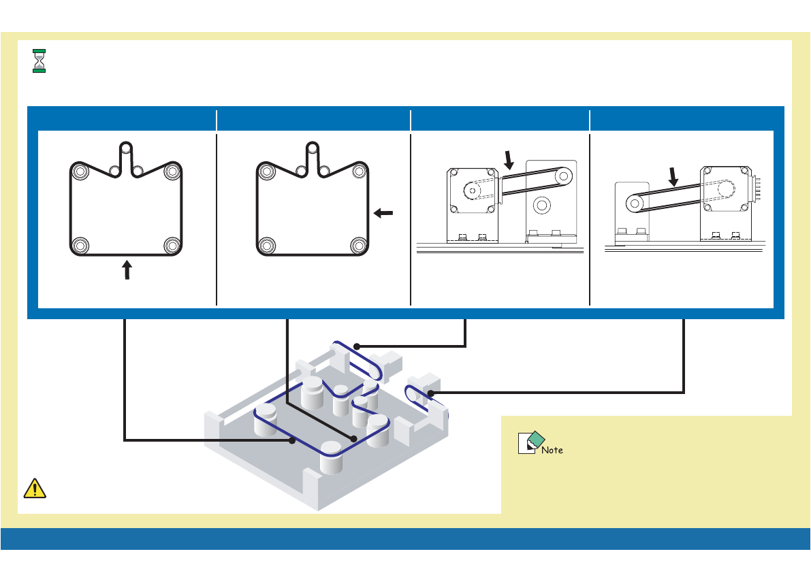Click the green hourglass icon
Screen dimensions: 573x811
click(39, 61)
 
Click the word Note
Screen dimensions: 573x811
click(552, 450)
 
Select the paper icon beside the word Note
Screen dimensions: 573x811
click(528, 443)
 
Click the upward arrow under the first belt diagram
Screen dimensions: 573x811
click(127, 272)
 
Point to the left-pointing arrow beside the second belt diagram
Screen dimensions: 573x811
click(383, 213)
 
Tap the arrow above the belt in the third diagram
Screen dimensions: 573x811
click(509, 160)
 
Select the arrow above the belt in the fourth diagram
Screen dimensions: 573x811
click(674, 177)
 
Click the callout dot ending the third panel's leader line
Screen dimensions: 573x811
click(356, 346)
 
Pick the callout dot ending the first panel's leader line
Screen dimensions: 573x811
click(292, 441)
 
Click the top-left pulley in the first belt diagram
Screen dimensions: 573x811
click(80, 171)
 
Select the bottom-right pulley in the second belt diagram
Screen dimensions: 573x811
click(359, 245)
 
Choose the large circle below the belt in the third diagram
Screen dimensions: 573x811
click(542, 203)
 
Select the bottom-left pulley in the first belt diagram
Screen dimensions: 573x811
click(80, 245)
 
